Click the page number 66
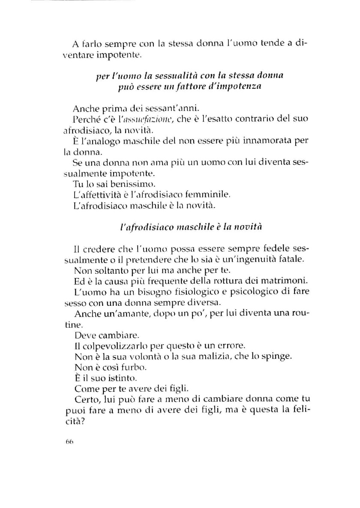click(x=70, y=443)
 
